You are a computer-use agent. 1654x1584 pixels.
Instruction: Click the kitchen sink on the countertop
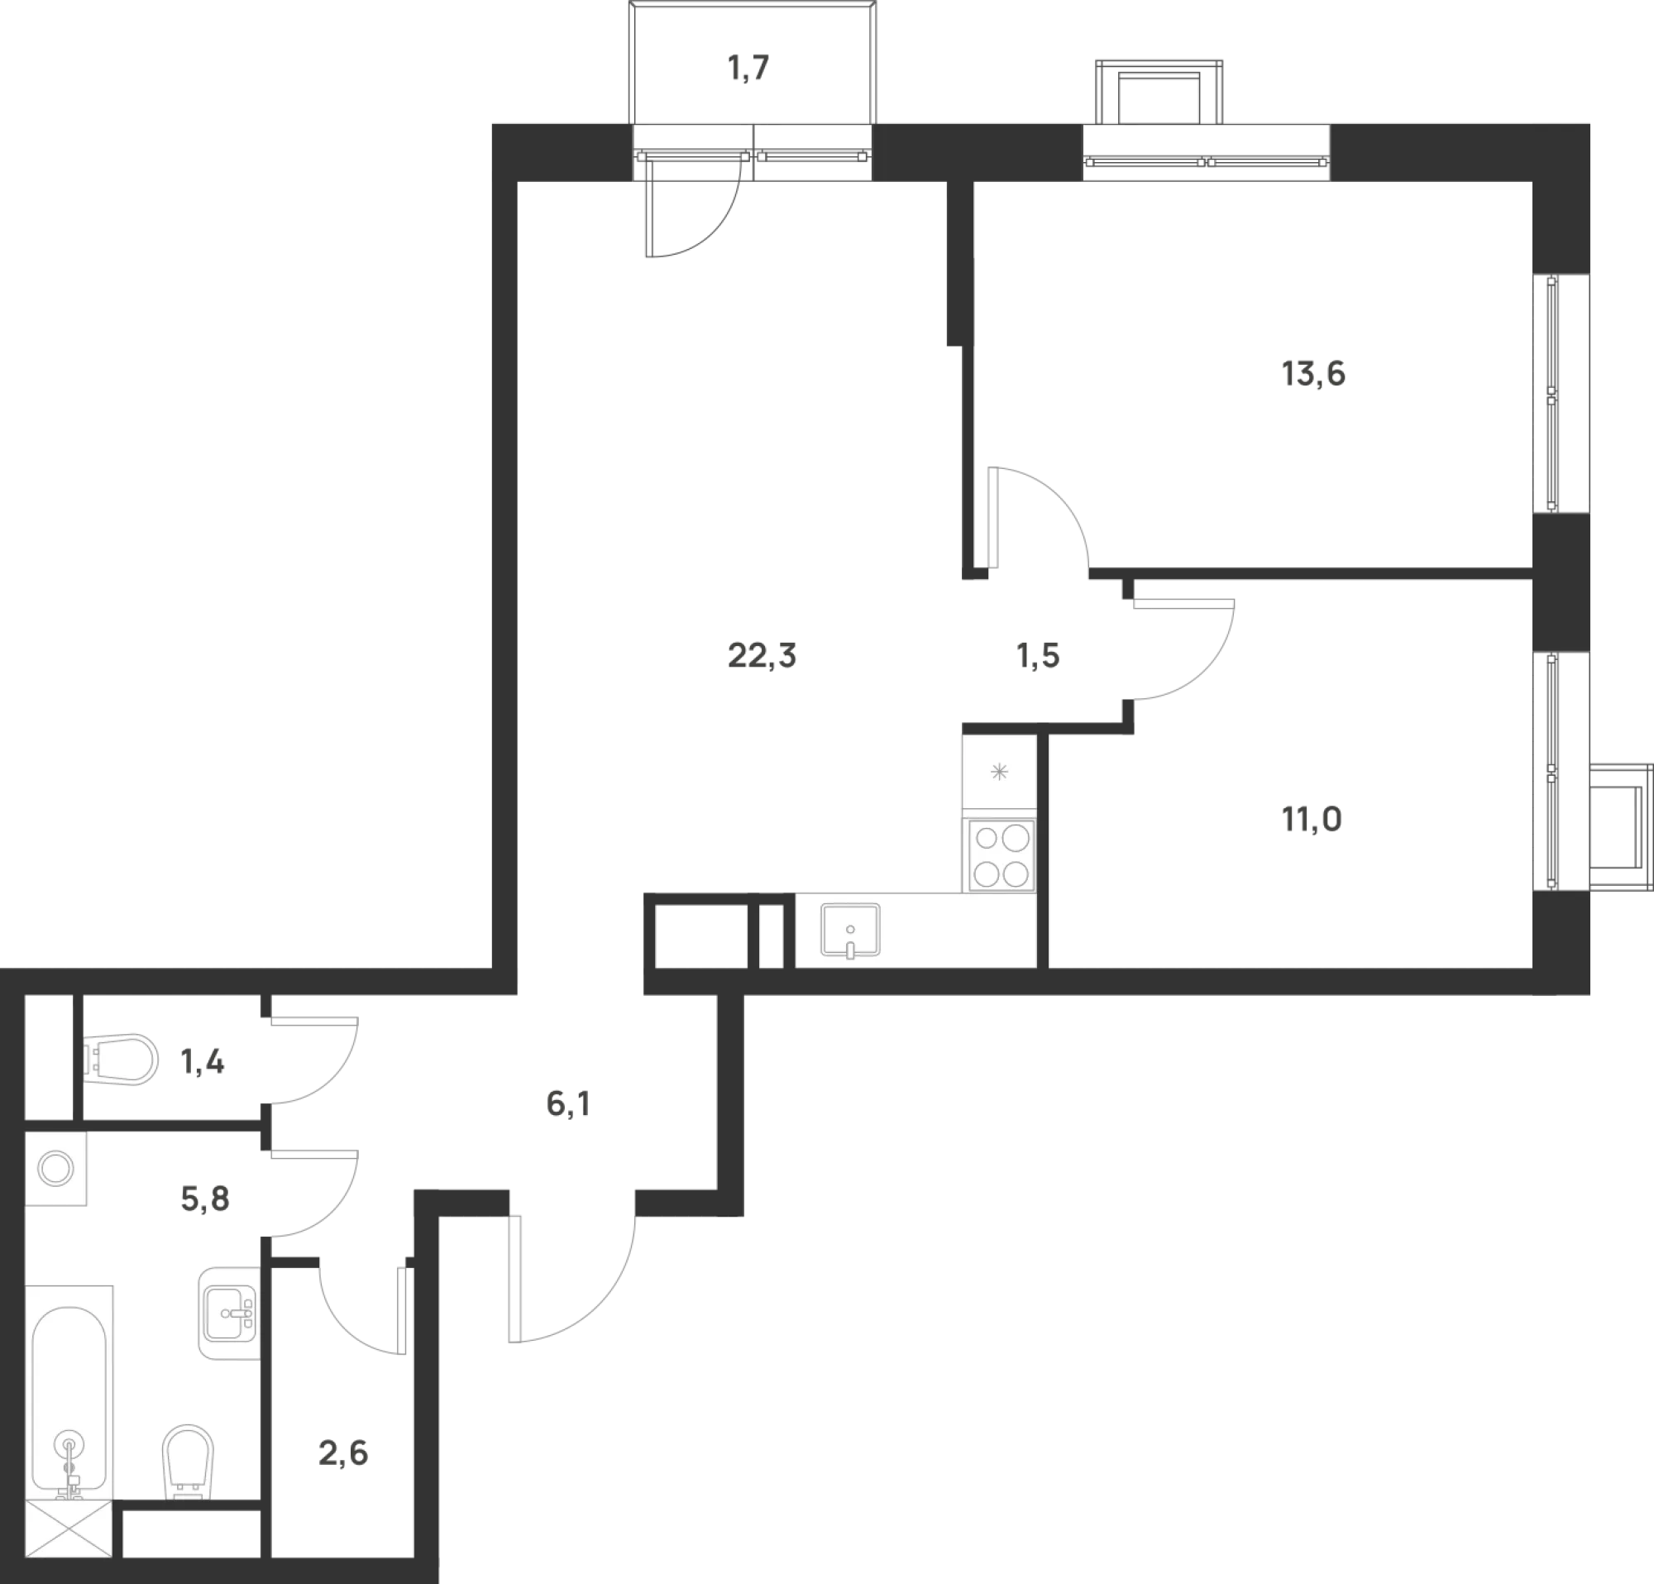(x=851, y=931)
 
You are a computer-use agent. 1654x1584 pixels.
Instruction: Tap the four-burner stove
(x=1001, y=856)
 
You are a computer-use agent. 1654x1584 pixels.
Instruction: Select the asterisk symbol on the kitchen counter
(x=999, y=772)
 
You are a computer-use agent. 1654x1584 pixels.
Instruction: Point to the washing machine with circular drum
(x=57, y=1170)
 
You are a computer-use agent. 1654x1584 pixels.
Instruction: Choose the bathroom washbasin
(x=229, y=1312)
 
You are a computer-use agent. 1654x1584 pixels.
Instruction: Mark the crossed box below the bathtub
(x=69, y=1529)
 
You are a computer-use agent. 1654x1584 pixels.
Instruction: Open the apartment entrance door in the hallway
(x=574, y=1283)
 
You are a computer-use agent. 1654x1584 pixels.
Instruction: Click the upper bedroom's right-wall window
(x=1562, y=393)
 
